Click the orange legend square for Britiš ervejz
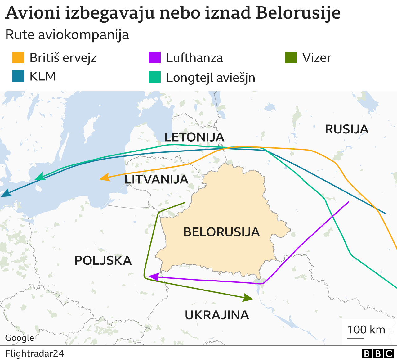[x=18, y=58]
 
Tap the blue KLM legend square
[x=18, y=76]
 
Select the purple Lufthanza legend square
[x=155, y=58]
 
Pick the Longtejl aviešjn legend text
[x=210, y=78]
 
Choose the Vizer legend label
[x=317, y=58]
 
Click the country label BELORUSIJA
[x=221, y=232]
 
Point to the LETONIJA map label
[x=194, y=137]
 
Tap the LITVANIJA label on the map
[x=156, y=179]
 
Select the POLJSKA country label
[x=103, y=260]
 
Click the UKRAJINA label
[x=217, y=315]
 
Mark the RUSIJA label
[x=346, y=129]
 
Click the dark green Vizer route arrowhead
[x=248, y=298]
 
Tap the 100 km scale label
[x=366, y=330]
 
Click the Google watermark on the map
[x=20, y=338]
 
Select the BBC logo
[x=377, y=353]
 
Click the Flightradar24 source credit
[x=34, y=353]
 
